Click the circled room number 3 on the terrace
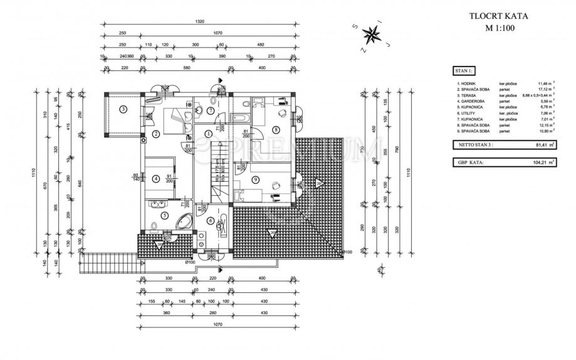click(x=123, y=109)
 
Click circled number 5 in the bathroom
click(x=164, y=215)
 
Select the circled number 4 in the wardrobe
click(x=156, y=177)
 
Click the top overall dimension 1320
click(x=199, y=22)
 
